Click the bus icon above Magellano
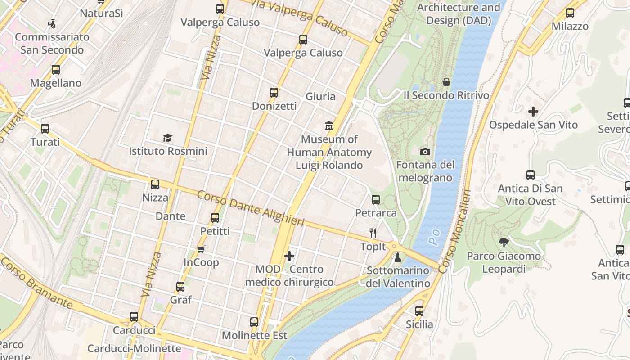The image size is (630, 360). coord(56,70)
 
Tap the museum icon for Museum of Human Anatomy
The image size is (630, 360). coord(329,126)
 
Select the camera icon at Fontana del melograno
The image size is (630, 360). coord(425,152)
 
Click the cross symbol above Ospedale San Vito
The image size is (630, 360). coord(533,111)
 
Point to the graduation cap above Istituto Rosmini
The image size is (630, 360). coord(168,138)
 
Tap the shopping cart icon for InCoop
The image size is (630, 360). coord(201,249)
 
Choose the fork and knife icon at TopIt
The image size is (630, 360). coord(373,233)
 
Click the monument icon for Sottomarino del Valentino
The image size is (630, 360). coord(397,257)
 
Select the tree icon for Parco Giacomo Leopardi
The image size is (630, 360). coord(504,243)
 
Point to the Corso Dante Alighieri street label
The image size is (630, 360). coord(251,209)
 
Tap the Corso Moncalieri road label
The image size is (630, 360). coord(455,231)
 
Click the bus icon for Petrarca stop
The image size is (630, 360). coord(376,199)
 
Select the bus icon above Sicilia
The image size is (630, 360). coord(419,310)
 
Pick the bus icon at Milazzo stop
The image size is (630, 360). coord(570,13)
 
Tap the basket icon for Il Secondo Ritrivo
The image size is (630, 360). coord(446,82)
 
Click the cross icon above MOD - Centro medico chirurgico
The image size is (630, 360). coord(289,256)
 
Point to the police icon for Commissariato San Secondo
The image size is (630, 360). coord(52,23)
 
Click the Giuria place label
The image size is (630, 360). coord(320,96)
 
